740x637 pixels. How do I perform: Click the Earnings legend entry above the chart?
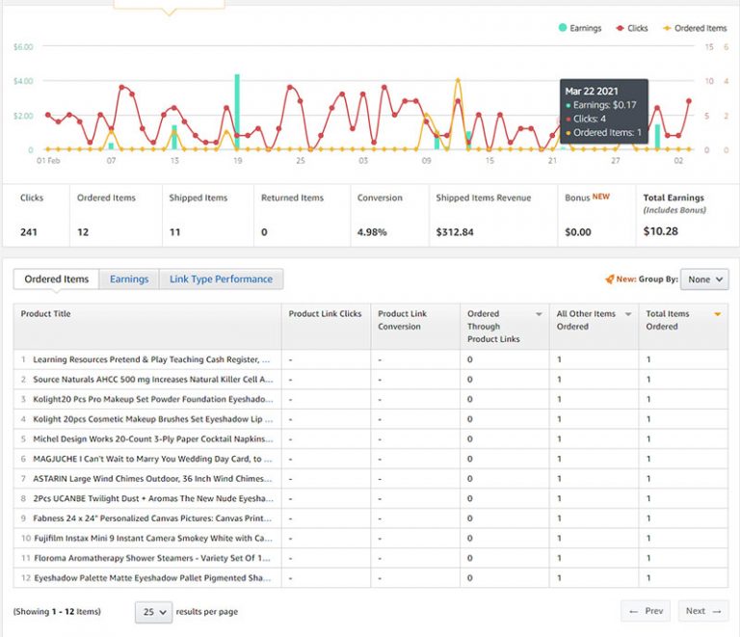tap(579, 28)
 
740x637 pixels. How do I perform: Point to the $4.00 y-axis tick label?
tap(23, 81)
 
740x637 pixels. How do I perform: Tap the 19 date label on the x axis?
tap(237, 161)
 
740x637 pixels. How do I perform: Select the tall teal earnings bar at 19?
tap(237, 112)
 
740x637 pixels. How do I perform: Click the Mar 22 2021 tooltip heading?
tap(592, 89)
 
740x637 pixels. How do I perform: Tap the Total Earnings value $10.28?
tap(660, 231)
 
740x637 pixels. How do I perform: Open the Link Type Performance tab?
tap(221, 279)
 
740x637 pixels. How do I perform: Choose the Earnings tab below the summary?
tap(129, 279)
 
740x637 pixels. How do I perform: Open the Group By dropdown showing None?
tap(703, 279)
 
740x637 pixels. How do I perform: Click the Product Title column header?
tap(46, 314)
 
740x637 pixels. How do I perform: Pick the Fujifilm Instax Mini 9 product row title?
tap(152, 538)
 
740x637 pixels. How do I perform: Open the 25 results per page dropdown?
tap(153, 612)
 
